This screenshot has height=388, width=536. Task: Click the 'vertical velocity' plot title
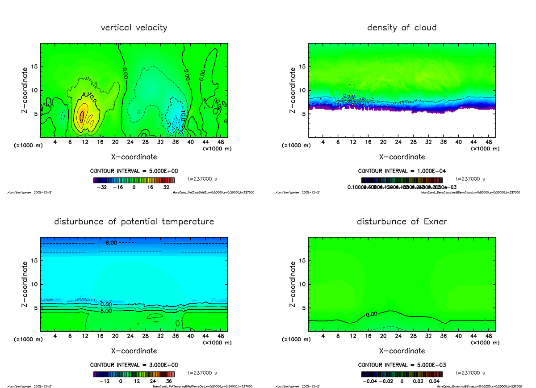[134, 28]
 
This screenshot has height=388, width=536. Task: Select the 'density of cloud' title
[402, 28]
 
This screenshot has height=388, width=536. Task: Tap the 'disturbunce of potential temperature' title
[134, 222]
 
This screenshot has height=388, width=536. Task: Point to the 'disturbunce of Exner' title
[402, 222]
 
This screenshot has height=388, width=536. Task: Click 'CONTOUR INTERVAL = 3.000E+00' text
[134, 365]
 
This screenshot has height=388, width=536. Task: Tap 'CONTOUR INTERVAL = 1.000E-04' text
[402, 171]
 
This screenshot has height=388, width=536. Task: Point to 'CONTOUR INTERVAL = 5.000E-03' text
[402, 365]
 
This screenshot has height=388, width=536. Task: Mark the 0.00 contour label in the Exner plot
[371, 314]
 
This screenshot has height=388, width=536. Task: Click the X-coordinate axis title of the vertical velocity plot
[134, 157]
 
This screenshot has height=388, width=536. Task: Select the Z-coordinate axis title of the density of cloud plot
[293, 90]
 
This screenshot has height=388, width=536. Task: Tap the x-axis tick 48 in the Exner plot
[489, 336]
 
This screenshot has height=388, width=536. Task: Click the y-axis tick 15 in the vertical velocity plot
[34, 67]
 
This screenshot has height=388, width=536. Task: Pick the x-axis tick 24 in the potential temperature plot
[130, 336]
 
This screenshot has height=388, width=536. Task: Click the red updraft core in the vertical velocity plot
[82, 115]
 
